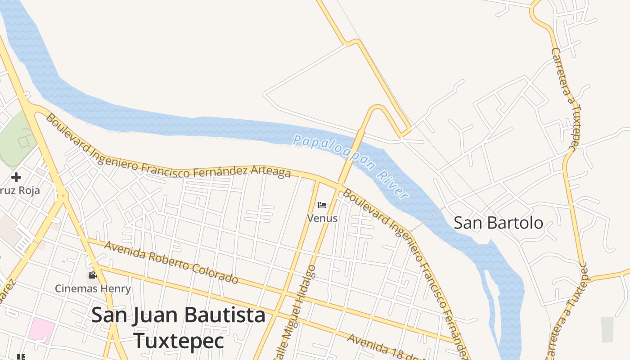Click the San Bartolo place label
(498, 223)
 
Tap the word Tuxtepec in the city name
(179, 341)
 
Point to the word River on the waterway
(392, 184)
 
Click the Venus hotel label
(322, 218)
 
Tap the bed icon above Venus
(322, 205)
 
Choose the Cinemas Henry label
(93, 288)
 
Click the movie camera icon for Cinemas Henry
(92, 275)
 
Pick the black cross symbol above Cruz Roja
(16, 177)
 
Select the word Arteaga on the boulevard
(270, 172)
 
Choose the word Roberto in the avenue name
(162, 260)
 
